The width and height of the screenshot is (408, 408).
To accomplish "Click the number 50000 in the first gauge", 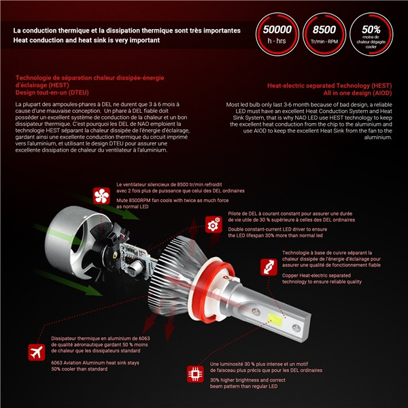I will (276, 30).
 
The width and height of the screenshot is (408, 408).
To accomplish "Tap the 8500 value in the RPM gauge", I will (323, 30).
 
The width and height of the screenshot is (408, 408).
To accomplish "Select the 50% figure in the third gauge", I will (371, 29).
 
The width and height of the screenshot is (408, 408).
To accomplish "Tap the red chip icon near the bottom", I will (194, 374).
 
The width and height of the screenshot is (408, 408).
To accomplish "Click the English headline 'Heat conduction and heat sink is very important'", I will (86, 40).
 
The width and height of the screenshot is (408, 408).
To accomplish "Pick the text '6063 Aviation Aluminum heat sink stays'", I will (95, 362).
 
